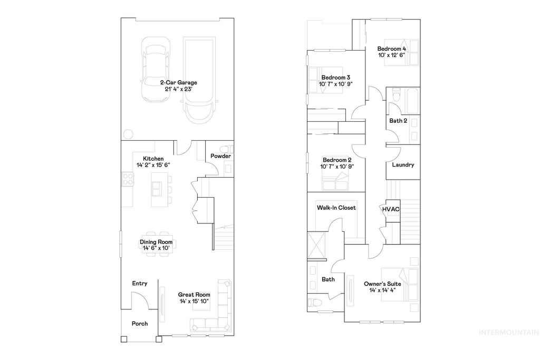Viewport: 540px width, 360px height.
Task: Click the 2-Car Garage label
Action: pyautogui.click(x=179, y=83)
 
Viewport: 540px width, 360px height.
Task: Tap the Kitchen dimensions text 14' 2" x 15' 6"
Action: pyautogui.click(x=153, y=165)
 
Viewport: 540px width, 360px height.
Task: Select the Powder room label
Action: pyautogui.click(x=220, y=157)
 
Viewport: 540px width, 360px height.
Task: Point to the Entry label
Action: pyautogui.click(x=140, y=284)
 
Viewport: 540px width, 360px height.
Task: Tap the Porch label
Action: pyautogui.click(x=140, y=324)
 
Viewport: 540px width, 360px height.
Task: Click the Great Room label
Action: pyautogui.click(x=194, y=295)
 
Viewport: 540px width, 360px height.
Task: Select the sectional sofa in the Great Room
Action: pyautogui.click(x=216, y=311)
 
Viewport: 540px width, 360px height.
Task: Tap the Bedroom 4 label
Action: pyautogui.click(x=391, y=49)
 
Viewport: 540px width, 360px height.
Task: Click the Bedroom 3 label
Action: pyautogui.click(x=336, y=77)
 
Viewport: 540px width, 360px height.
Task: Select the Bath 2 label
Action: pyautogui.click(x=398, y=121)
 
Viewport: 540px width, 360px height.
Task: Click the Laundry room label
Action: pyautogui.click(x=403, y=165)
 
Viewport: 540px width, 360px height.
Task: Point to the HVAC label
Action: pyautogui.click(x=391, y=209)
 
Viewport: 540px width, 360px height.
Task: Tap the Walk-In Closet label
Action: pyautogui.click(x=336, y=208)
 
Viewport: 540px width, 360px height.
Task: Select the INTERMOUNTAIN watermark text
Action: pyautogui.click(x=508, y=333)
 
